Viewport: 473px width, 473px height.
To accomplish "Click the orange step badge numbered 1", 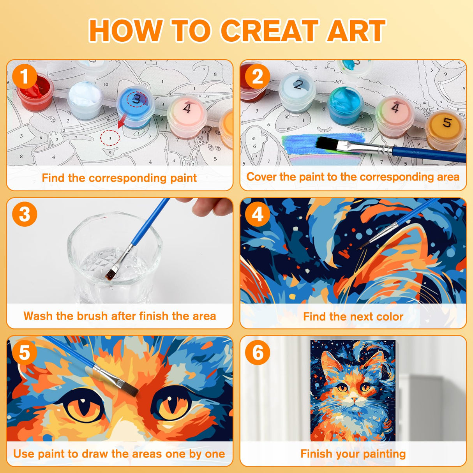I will pyautogui.click(x=25, y=77).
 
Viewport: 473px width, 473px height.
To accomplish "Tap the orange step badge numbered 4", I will pyautogui.click(x=258, y=215).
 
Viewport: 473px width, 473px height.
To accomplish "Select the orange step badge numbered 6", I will pyautogui.click(x=258, y=353).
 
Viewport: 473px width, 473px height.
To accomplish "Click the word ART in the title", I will pyautogui.click(x=356, y=31).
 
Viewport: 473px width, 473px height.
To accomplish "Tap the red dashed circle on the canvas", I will pyautogui.click(x=109, y=138).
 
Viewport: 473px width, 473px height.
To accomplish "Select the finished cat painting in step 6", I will pyautogui.click(x=353, y=390).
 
